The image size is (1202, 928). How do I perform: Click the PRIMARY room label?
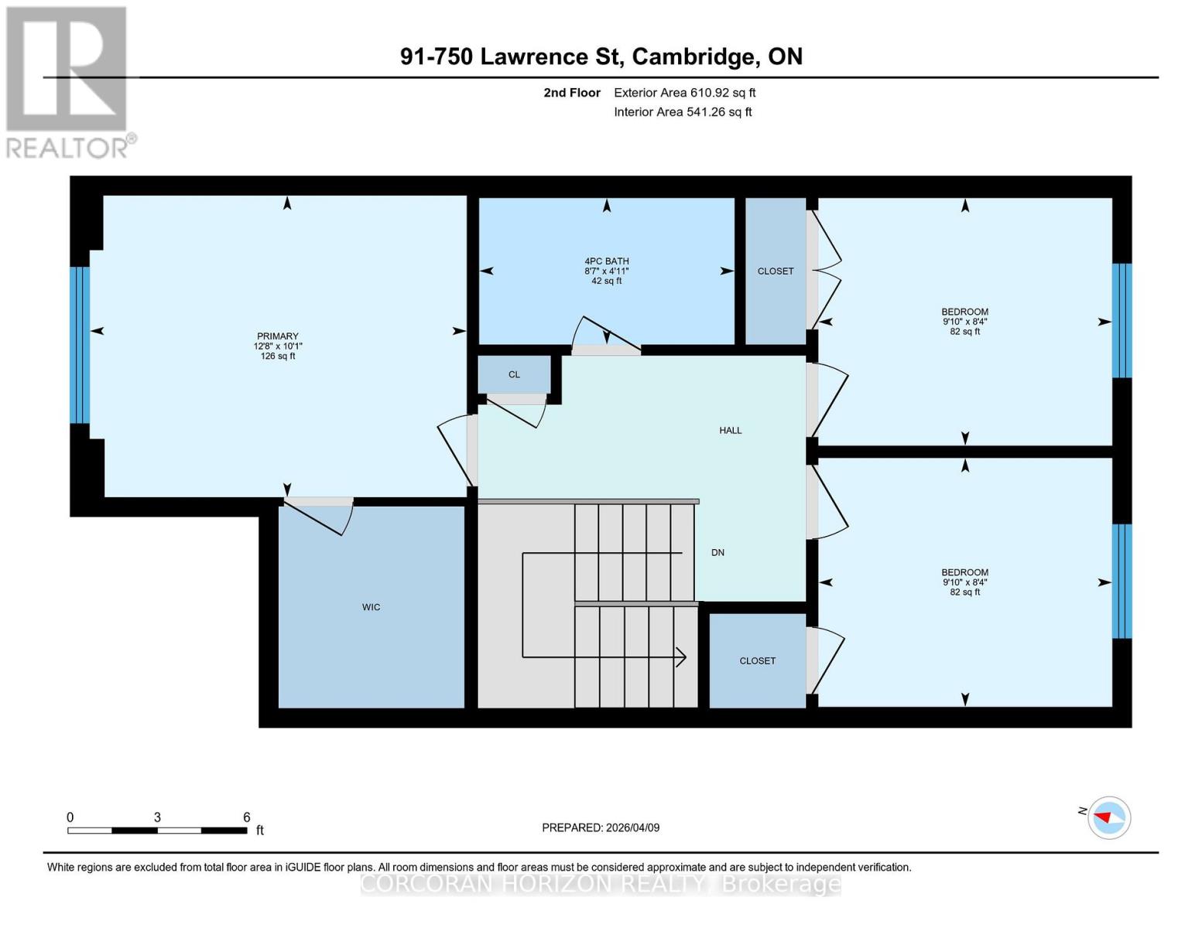click(x=278, y=336)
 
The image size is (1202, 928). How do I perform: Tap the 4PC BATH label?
click(x=606, y=261)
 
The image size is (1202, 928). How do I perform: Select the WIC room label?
click(x=371, y=607)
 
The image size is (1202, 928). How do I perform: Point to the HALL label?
click(x=730, y=431)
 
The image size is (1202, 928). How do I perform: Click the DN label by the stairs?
click(x=717, y=552)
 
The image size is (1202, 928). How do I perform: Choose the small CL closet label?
click(x=514, y=374)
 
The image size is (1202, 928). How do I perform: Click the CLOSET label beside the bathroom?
click(x=775, y=271)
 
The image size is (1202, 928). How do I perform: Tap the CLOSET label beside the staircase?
click(x=757, y=661)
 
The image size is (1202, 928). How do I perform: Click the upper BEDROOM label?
click(x=964, y=312)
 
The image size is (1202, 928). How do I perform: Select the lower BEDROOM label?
click(x=964, y=573)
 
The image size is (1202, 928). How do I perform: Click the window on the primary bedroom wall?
click(x=80, y=345)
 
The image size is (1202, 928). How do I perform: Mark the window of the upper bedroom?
click(x=1122, y=320)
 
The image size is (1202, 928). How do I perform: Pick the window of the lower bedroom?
click(x=1122, y=581)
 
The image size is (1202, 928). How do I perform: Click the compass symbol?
click(x=1109, y=817)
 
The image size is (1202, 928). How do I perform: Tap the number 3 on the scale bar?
click(x=157, y=817)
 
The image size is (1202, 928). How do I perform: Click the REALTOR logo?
click(x=67, y=82)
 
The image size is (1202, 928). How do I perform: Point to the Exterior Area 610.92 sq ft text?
click(x=684, y=93)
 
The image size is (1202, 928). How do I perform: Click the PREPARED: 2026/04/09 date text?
click(x=601, y=827)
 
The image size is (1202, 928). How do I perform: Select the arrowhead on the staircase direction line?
click(x=681, y=657)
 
